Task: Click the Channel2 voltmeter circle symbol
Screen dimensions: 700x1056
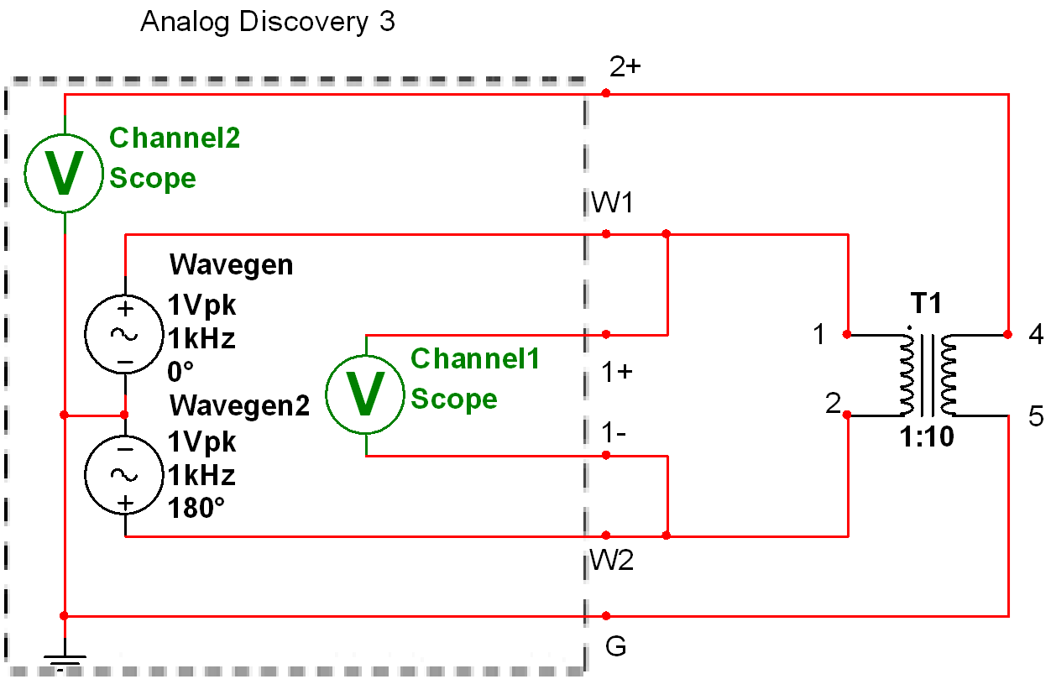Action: coord(64,173)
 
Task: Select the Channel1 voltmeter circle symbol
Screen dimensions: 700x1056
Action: coord(365,394)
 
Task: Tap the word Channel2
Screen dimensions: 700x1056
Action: coord(175,138)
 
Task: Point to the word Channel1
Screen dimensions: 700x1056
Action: coord(475,358)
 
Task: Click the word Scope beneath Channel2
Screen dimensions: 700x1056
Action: coord(153,178)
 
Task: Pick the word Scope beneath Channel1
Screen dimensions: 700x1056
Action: coord(454,399)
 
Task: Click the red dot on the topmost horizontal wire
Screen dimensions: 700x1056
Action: coord(606,93)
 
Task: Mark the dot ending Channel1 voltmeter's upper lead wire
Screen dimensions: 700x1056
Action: coord(606,334)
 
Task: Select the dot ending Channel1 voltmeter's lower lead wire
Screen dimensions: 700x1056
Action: coord(606,455)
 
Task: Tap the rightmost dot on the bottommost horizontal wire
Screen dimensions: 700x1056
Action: coord(606,616)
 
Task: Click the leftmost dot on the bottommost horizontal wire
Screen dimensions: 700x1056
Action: coord(64,616)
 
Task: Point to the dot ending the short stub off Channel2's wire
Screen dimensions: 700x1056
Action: coord(124,415)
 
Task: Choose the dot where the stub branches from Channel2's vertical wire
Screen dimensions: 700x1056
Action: coord(64,415)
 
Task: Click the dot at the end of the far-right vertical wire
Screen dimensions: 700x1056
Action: coord(1008,334)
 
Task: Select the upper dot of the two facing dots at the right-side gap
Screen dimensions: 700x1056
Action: coord(847,334)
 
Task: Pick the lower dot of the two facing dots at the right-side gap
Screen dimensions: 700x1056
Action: coord(847,415)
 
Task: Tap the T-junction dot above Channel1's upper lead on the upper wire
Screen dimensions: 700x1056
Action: coord(667,233)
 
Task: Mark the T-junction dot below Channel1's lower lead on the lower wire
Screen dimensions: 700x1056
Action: coord(667,535)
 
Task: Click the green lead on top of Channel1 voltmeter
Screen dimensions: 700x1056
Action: coord(366,345)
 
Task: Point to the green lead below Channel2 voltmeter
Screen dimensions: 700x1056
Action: coord(65,223)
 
